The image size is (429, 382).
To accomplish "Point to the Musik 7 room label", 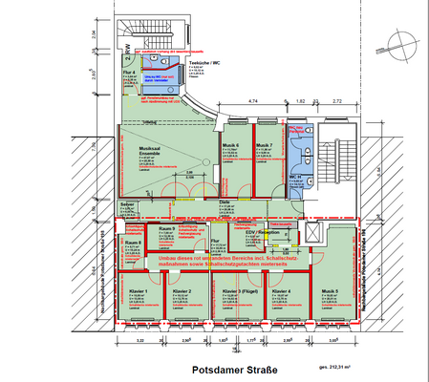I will (264, 145).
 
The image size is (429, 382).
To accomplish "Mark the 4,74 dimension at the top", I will (254, 99).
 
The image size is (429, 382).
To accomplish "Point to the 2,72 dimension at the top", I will (336, 99).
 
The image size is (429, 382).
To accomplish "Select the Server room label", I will (126, 204).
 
